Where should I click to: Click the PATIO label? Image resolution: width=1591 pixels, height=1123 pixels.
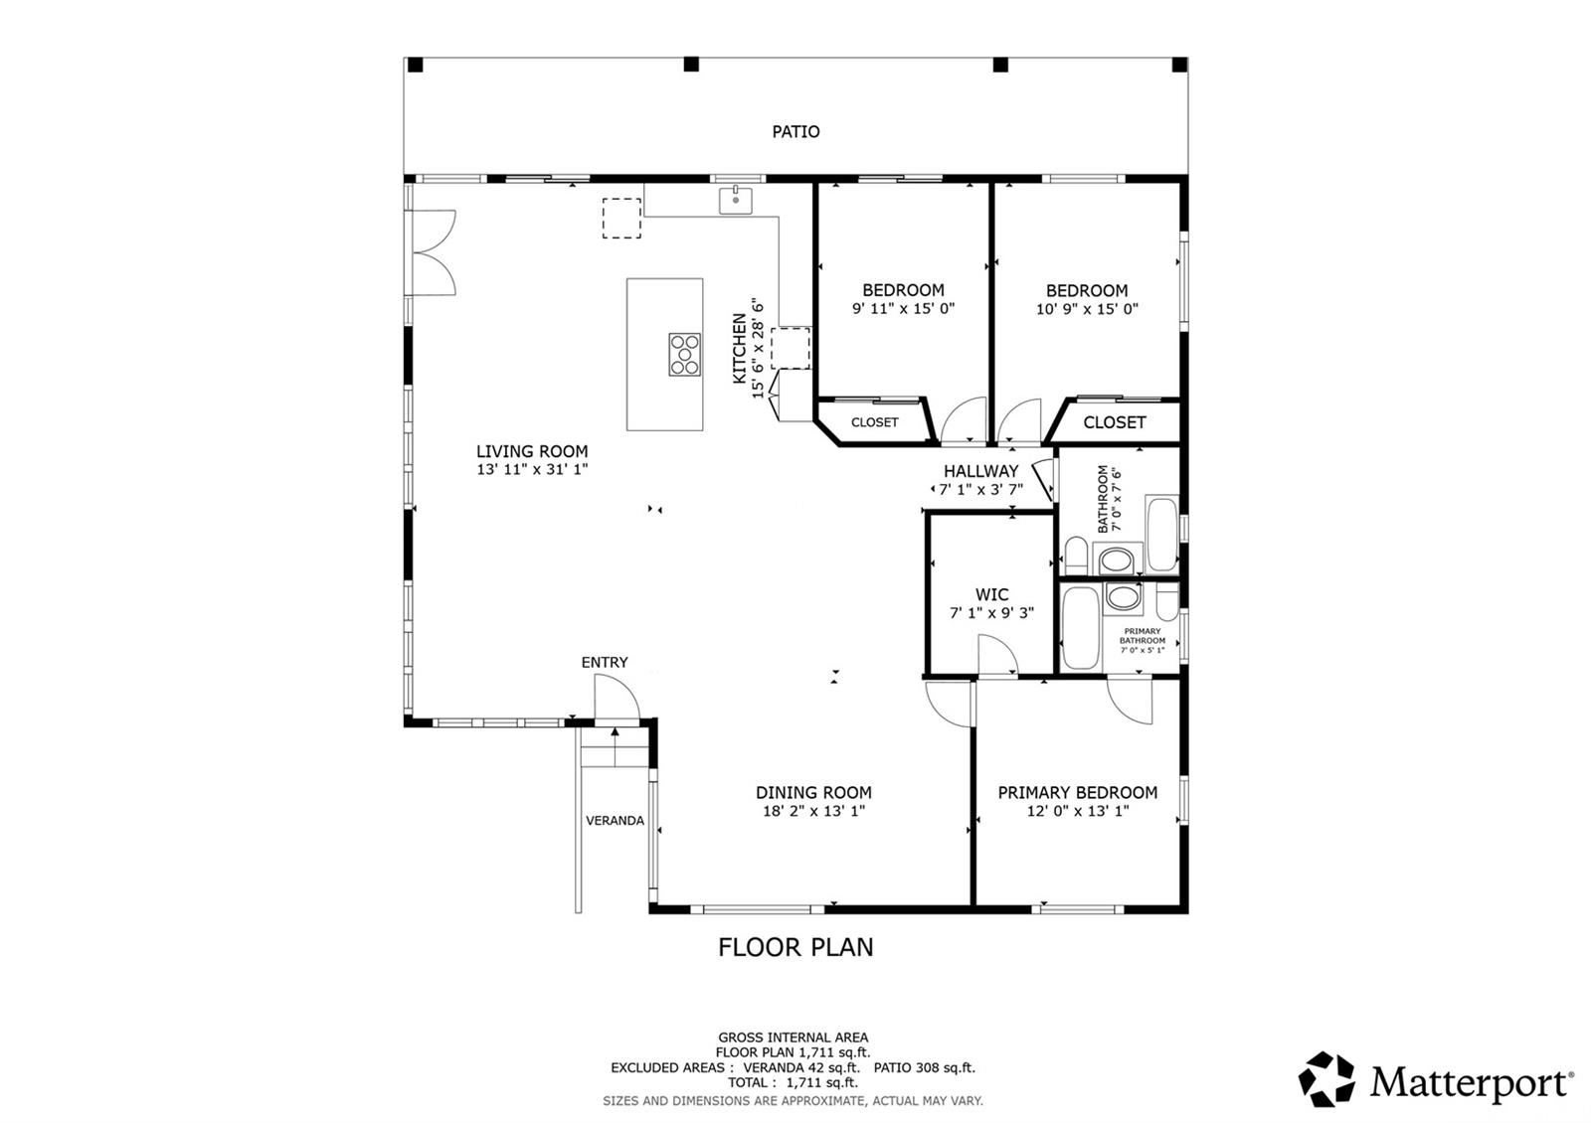[x=795, y=131]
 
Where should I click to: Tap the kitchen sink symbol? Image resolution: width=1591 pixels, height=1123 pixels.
[x=735, y=200]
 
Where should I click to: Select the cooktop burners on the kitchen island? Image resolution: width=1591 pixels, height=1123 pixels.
[x=685, y=354]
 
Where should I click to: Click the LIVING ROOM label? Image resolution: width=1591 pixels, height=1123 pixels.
[x=532, y=451]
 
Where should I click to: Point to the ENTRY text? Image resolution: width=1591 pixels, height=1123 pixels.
[x=605, y=662]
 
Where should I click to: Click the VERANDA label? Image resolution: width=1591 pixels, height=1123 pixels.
[x=616, y=821]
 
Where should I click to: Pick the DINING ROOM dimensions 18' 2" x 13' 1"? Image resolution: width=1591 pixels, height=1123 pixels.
[x=814, y=811]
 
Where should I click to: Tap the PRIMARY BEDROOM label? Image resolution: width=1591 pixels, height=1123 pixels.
[x=1078, y=792]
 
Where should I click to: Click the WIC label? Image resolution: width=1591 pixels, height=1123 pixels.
[x=991, y=594]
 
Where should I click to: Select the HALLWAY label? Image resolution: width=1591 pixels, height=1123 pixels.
[x=980, y=471]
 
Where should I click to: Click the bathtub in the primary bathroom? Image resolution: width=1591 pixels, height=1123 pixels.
[x=1081, y=628]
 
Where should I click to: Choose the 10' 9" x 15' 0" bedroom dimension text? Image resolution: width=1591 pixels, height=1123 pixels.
[x=1087, y=309]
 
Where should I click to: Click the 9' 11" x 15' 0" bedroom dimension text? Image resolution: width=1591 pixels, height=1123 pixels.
[x=904, y=308]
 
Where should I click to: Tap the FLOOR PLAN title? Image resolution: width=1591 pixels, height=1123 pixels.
[x=795, y=947]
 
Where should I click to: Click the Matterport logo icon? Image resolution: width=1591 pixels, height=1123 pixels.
[x=1326, y=1079]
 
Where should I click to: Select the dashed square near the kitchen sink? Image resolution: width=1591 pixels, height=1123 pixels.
[x=621, y=218]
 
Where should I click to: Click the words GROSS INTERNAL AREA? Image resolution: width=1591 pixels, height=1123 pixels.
[x=793, y=1038]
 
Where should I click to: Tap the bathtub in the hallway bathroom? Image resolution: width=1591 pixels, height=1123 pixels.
[x=1162, y=534]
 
